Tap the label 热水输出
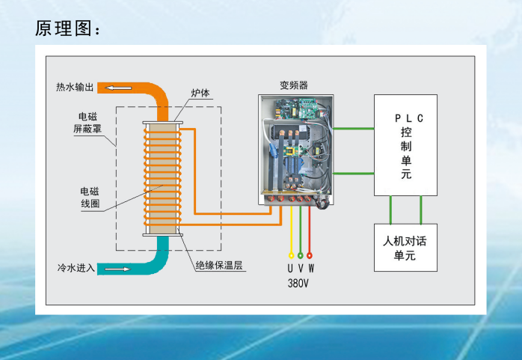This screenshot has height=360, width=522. [x=75, y=88]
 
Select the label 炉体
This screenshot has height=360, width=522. [x=200, y=94]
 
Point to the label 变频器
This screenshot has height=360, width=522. [x=294, y=85]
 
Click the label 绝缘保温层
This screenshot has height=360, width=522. [x=221, y=264]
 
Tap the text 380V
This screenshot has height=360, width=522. [x=299, y=284]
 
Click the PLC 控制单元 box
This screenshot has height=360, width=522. [x=405, y=145]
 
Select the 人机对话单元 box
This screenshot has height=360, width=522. [x=405, y=248]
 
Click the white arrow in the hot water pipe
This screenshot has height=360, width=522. [x=116, y=88]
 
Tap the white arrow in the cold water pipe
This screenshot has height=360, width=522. [x=114, y=268]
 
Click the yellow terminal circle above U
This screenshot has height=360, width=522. [x=291, y=255]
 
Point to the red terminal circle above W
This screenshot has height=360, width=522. [x=310, y=255]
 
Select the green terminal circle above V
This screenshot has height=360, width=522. [x=300, y=255]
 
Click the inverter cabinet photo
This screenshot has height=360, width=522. [x=294, y=150]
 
